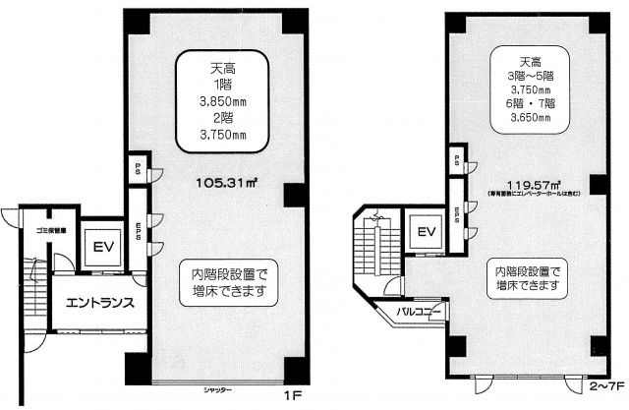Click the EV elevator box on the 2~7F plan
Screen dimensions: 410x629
pos(425,232)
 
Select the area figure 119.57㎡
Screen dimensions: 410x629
pos(533,184)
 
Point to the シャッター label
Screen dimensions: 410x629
pos(216,390)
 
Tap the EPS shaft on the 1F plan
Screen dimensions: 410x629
pos(140,237)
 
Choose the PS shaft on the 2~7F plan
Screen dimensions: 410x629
pos(456,158)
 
